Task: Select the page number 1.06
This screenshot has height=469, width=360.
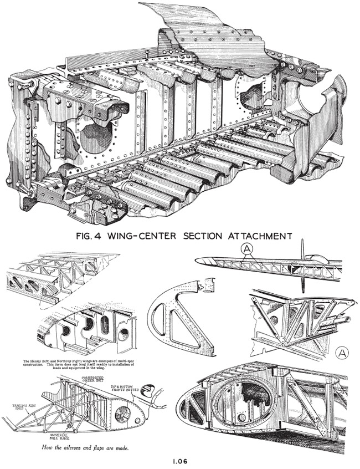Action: (181, 458)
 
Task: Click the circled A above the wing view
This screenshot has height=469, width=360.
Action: (246, 251)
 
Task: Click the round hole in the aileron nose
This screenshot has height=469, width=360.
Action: (123, 412)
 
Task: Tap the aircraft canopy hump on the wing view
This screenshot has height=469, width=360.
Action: (318, 258)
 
